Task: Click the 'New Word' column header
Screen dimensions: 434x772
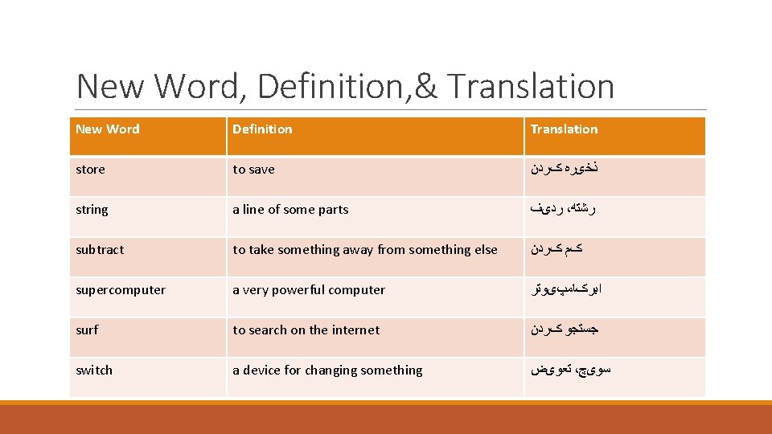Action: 107,129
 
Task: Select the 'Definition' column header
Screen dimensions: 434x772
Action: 262,129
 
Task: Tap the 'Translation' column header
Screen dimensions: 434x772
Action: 564,129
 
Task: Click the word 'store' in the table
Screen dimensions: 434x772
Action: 90,170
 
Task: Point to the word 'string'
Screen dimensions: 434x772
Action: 92,210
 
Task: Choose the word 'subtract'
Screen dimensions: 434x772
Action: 100,250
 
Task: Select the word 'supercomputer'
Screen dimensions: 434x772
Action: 121,290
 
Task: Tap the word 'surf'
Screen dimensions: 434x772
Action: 87,330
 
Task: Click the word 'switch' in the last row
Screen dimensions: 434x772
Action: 94,371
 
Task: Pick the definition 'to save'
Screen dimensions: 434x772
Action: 253,170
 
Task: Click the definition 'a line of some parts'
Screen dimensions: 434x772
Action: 290,210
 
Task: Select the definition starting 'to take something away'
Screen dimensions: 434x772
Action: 365,250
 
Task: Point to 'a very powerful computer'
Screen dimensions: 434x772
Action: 309,290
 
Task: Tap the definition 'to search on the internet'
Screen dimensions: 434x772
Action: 306,330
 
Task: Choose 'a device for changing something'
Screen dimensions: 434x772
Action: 327,371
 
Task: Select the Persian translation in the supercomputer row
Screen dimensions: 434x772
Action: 565,290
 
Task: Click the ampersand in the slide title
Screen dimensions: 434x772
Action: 426,87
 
